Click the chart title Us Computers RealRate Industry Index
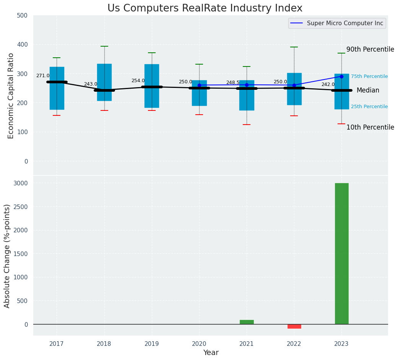pos(205,8)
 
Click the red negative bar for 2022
pos(294,326)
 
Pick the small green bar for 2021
pos(247,322)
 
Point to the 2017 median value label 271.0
pos(43,76)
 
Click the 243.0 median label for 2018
pos(91,84)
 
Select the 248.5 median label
pos(233,83)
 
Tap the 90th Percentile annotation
pos(370,49)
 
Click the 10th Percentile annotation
pos(370,127)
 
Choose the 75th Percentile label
pos(369,76)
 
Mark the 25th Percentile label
pos(369,107)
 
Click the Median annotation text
pos(368,91)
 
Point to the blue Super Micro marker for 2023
pos(341,76)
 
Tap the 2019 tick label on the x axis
pos(152,344)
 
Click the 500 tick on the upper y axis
pos(23,15)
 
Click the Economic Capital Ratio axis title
pos(11,96)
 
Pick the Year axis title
pos(211,353)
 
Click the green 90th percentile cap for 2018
pos(104,46)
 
